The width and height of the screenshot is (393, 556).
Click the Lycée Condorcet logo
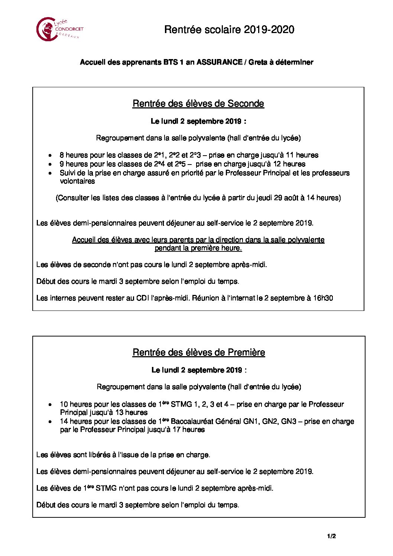tap(59, 29)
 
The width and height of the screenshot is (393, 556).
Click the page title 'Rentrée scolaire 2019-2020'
tap(229, 30)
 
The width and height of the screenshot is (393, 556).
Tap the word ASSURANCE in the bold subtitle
tap(219, 62)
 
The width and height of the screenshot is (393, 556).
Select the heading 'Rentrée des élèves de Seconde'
tap(198, 104)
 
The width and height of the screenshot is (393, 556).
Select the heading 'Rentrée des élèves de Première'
tap(199, 352)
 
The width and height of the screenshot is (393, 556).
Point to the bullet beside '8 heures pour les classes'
tap(50, 156)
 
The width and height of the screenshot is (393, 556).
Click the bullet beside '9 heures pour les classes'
tap(50, 164)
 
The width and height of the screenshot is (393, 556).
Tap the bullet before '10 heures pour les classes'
tap(50, 405)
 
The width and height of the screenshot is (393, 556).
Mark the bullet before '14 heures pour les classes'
tap(50, 422)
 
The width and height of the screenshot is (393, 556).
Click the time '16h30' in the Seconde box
tap(323, 298)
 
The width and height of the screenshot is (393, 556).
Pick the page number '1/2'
tap(331, 536)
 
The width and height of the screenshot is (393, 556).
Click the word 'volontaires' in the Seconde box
tap(77, 181)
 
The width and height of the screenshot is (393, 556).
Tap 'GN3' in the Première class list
tap(289, 422)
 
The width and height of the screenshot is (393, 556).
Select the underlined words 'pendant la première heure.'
tap(198, 248)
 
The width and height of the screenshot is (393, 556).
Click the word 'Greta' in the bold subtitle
tap(258, 62)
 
